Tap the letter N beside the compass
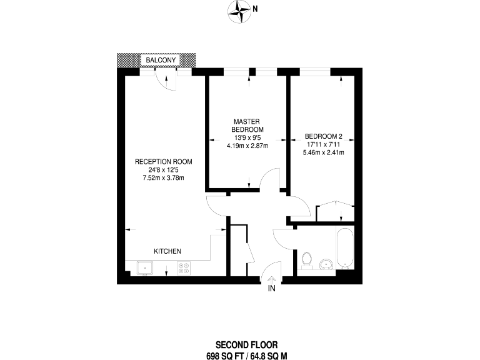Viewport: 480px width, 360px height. coord(255,9)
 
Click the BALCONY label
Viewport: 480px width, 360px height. coord(162,60)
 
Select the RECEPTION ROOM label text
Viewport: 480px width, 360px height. coord(164,161)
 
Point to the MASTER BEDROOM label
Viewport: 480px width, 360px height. coord(247,125)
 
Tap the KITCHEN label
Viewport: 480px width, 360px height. coord(167,251)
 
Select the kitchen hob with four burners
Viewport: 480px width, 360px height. coord(184,269)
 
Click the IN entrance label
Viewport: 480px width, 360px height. coord(272,289)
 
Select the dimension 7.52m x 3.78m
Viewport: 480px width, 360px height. coord(164,177)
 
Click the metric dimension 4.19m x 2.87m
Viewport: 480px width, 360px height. coord(247,146)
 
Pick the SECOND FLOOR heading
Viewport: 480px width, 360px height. coord(246,344)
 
